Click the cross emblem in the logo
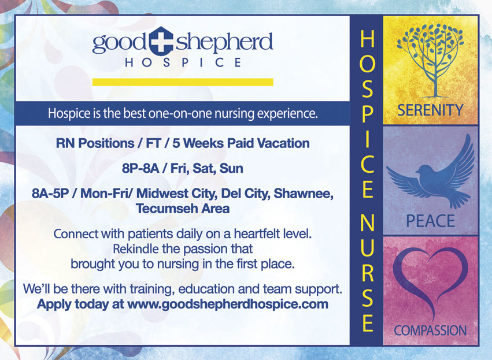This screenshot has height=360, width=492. (161, 41)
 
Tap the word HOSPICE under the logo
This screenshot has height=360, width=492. (183, 62)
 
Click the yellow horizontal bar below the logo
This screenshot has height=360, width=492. (183, 82)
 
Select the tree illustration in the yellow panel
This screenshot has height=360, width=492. (430, 60)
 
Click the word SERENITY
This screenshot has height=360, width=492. (430, 110)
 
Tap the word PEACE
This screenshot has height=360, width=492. (430, 221)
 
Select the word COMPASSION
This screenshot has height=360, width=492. (430, 331)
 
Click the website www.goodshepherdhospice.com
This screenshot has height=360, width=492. (228, 304)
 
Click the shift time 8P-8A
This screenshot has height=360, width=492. (140, 169)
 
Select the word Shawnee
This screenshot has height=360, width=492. (304, 194)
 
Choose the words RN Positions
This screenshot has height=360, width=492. (95, 143)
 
